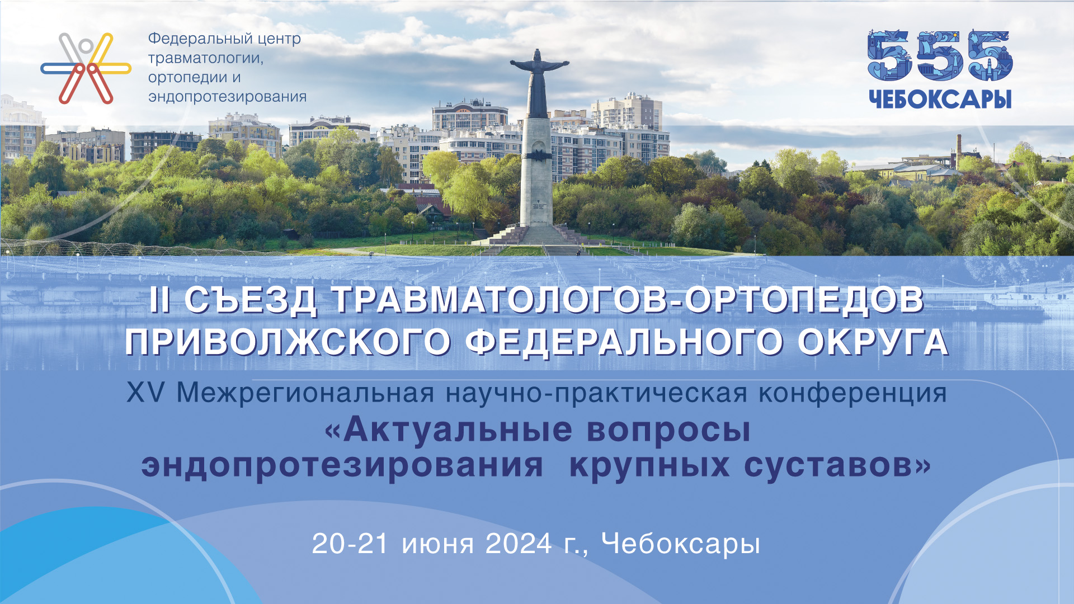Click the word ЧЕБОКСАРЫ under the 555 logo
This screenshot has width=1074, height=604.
point(940,99)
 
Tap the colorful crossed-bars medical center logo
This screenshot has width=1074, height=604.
point(86,68)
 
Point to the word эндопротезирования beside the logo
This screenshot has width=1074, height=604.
point(227,97)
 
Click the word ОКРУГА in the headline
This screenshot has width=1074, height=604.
point(873,342)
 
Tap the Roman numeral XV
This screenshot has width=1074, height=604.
point(145,393)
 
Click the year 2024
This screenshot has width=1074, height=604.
point(519,544)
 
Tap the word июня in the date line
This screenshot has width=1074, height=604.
point(437,545)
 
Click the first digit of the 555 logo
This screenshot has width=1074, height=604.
point(889,55)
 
